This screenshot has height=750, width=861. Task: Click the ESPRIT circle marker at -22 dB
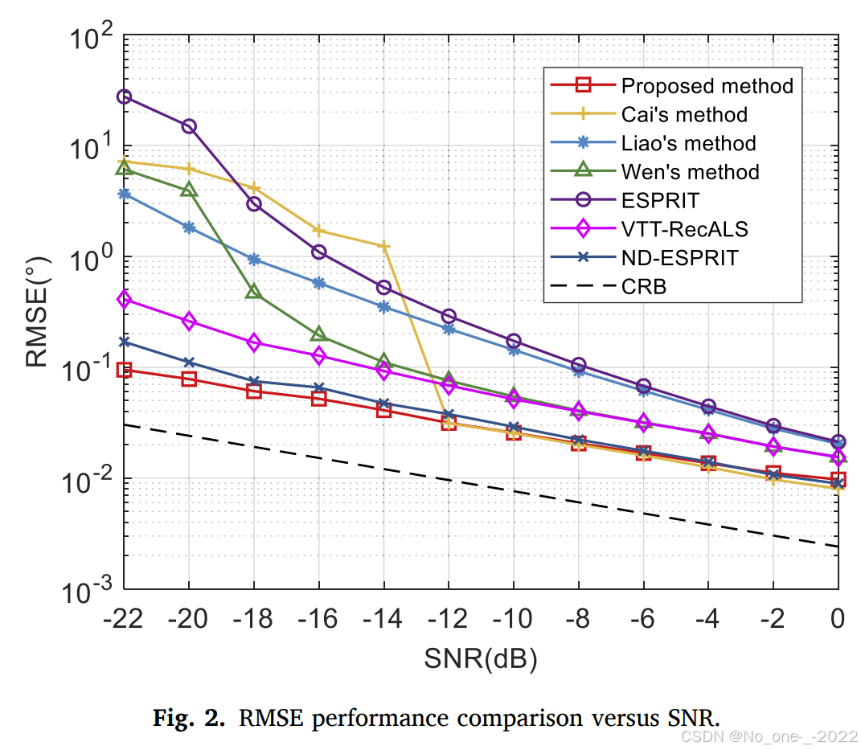(124, 96)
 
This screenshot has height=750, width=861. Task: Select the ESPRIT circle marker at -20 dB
(189, 126)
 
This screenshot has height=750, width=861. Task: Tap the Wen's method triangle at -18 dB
(254, 291)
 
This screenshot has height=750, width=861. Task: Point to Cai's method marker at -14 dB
(383, 246)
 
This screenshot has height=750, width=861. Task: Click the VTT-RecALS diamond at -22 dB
(124, 299)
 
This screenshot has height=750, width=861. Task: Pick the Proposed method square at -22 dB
(124, 370)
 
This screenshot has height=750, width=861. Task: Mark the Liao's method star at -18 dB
(254, 259)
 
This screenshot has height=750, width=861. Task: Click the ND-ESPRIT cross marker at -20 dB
(189, 363)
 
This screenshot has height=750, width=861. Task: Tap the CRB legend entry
(643, 286)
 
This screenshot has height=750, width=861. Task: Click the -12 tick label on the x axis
(448, 619)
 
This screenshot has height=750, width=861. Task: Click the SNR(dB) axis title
(480, 659)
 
